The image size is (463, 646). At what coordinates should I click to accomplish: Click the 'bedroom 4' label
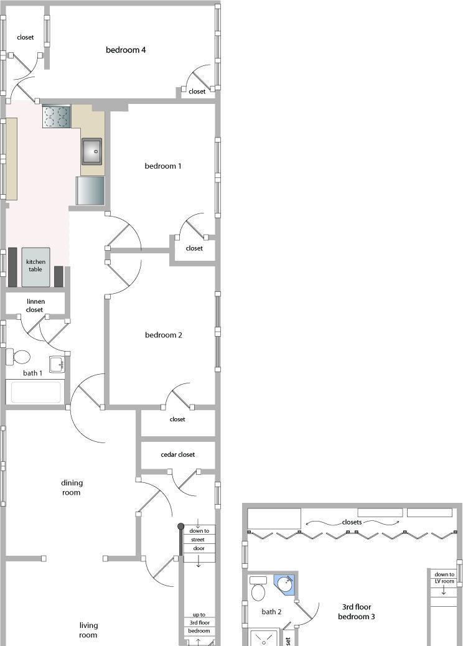(126, 50)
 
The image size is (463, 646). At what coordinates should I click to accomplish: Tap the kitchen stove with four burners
(57, 116)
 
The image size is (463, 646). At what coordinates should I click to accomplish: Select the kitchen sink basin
(91, 152)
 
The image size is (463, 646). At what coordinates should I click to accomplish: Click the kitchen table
(36, 266)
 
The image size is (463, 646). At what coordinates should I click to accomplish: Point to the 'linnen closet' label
(35, 306)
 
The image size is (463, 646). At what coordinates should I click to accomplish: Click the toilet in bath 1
(18, 357)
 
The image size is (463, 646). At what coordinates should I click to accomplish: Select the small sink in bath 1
(57, 364)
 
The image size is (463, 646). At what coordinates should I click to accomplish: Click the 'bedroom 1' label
(162, 166)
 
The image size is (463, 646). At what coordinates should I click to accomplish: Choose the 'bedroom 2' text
(164, 335)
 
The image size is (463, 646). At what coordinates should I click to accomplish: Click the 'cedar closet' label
(177, 454)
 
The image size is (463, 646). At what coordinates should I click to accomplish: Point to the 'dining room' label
(72, 487)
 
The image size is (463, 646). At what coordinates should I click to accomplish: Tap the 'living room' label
(88, 630)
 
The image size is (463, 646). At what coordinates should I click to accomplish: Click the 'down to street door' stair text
(199, 540)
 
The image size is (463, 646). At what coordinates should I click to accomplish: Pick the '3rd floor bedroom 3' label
(357, 611)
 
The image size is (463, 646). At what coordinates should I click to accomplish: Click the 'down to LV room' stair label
(444, 578)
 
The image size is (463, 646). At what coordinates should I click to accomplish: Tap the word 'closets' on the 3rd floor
(352, 522)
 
